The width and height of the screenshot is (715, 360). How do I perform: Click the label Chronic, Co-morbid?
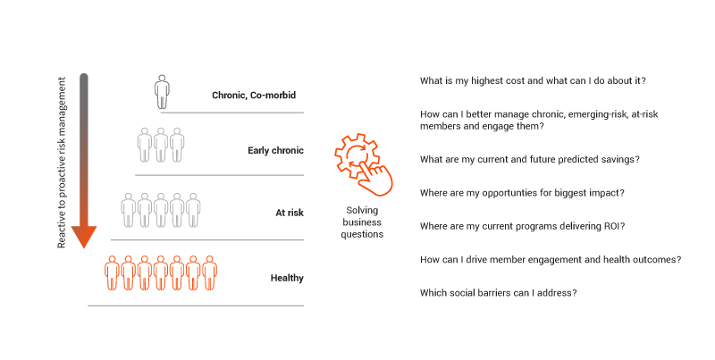tap(254, 96)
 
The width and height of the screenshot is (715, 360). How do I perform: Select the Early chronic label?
tap(275, 150)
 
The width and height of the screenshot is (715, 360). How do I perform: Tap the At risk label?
tap(290, 213)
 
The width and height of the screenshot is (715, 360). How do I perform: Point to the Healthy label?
tap(287, 278)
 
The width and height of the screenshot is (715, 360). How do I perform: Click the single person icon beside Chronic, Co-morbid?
tap(162, 92)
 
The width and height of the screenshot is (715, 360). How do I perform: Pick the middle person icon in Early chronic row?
tap(161, 145)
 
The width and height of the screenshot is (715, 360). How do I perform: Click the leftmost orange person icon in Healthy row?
tap(112, 273)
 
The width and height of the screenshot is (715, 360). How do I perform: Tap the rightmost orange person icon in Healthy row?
tap(209, 273)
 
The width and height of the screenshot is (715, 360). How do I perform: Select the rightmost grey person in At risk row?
tap(193, 210)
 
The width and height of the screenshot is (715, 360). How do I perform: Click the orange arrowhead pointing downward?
tap(84, 237)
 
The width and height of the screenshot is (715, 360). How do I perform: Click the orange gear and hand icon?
tap(364, 164)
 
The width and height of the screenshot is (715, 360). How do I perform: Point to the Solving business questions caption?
tap(362, 222)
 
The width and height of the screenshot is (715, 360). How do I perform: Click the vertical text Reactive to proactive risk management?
tap(62, 163)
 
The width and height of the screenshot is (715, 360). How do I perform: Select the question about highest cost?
tap(533, 81)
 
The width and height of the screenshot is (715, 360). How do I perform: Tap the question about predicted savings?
tap(529, 160)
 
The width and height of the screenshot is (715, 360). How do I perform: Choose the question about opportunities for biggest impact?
tap(522, 193)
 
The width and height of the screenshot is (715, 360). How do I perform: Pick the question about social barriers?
tap(499, 293)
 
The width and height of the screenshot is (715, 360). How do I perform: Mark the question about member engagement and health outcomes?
tap(551, 260)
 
